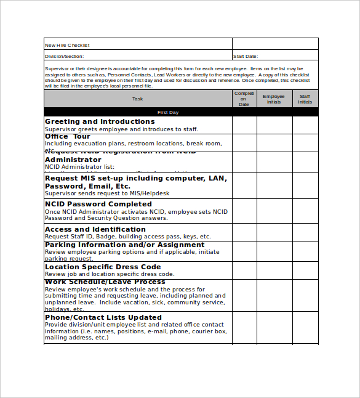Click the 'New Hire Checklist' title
point(67,45)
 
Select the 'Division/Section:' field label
point(64,56)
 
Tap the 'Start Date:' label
point(246,56)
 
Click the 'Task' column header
point(137,99)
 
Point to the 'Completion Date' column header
point(244,99)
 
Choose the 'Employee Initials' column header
point(274,99)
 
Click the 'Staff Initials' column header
point(305,99)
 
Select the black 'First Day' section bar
point(180,113)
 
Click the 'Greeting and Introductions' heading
point(100,121)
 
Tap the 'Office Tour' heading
point(68,137)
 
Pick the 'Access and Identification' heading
point(95,229)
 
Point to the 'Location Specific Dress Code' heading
point(103,267)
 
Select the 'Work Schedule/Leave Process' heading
point(105,282)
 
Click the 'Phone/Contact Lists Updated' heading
point(103,317)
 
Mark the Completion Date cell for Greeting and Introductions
point(244,125)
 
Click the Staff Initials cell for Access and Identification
point(305,232)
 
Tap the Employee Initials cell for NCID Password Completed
point(274,211)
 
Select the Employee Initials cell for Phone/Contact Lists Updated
point(274,327)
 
